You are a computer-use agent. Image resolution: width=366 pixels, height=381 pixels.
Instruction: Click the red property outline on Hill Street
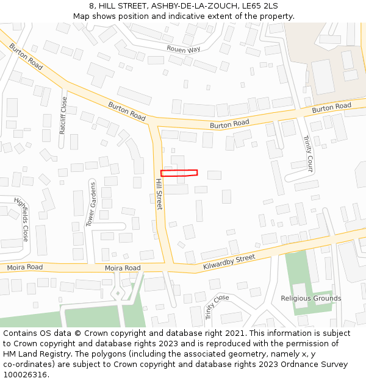179,173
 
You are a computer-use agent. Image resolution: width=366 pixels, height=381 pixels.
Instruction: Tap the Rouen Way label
183,49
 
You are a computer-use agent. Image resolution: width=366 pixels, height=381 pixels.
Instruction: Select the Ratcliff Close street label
63,114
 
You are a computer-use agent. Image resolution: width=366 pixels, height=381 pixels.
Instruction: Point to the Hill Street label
159,194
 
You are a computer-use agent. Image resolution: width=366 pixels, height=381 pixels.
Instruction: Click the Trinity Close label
217,306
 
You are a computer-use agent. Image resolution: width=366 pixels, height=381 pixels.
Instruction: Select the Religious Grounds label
311,299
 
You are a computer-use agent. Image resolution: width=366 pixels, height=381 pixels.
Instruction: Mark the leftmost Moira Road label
25,268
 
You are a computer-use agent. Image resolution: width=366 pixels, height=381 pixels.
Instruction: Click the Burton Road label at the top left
26,56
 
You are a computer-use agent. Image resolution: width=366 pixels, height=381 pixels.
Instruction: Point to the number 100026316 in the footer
26,375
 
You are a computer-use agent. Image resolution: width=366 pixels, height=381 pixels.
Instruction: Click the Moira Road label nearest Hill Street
123,268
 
